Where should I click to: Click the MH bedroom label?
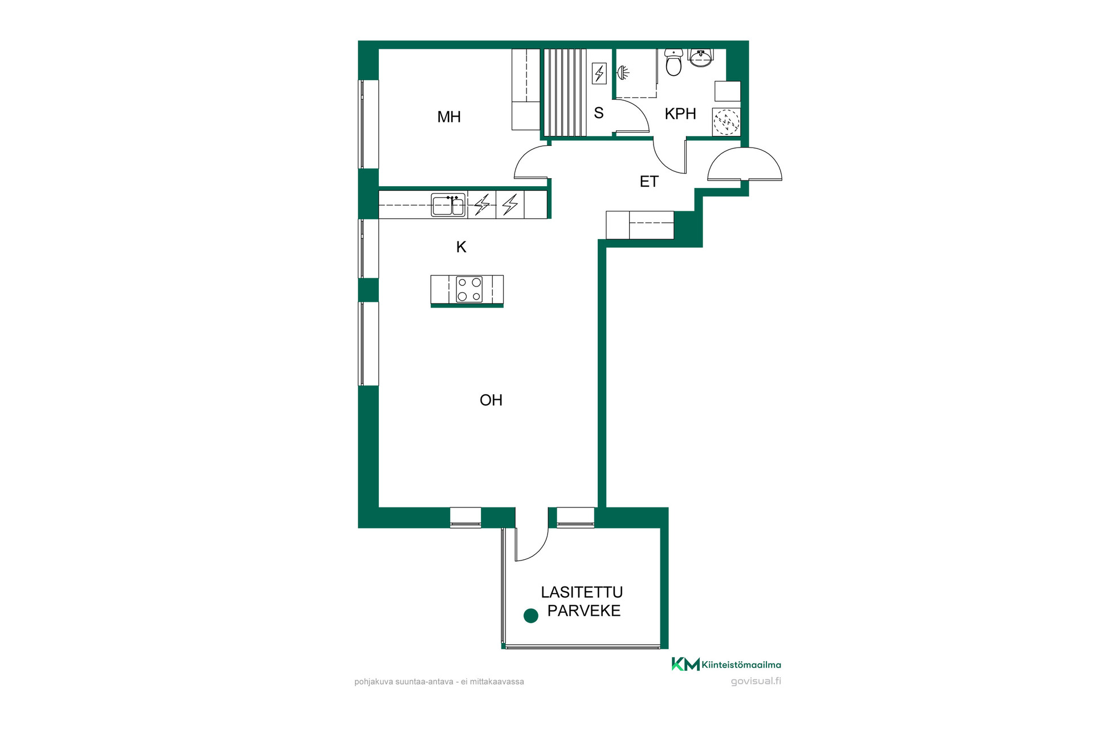(x=449, y=117)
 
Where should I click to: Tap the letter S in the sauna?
(x=599, y=113)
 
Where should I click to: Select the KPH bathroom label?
(x=680, y=113)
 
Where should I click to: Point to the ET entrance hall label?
(x=649, y=181)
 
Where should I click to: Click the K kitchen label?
(x=462, y=247)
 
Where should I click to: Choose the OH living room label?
(x=491, y=400)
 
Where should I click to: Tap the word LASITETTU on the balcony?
(x=582, y=592)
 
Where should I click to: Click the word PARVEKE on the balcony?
(x=584, y=611)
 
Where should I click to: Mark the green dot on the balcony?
(x=531, y=616)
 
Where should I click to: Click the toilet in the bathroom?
(x=673, y=62)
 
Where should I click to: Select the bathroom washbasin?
(x=700, y=57)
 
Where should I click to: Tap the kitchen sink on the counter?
(x=448, y=205)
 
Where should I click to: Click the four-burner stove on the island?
(x=469, y=289)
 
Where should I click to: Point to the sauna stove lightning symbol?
(x=599, y=73)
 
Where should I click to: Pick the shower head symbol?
(x=623, y=73)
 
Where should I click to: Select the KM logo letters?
(x=685, y=664)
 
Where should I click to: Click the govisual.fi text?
(x=756, y=681)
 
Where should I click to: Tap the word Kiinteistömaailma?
(x=742, y=665)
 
